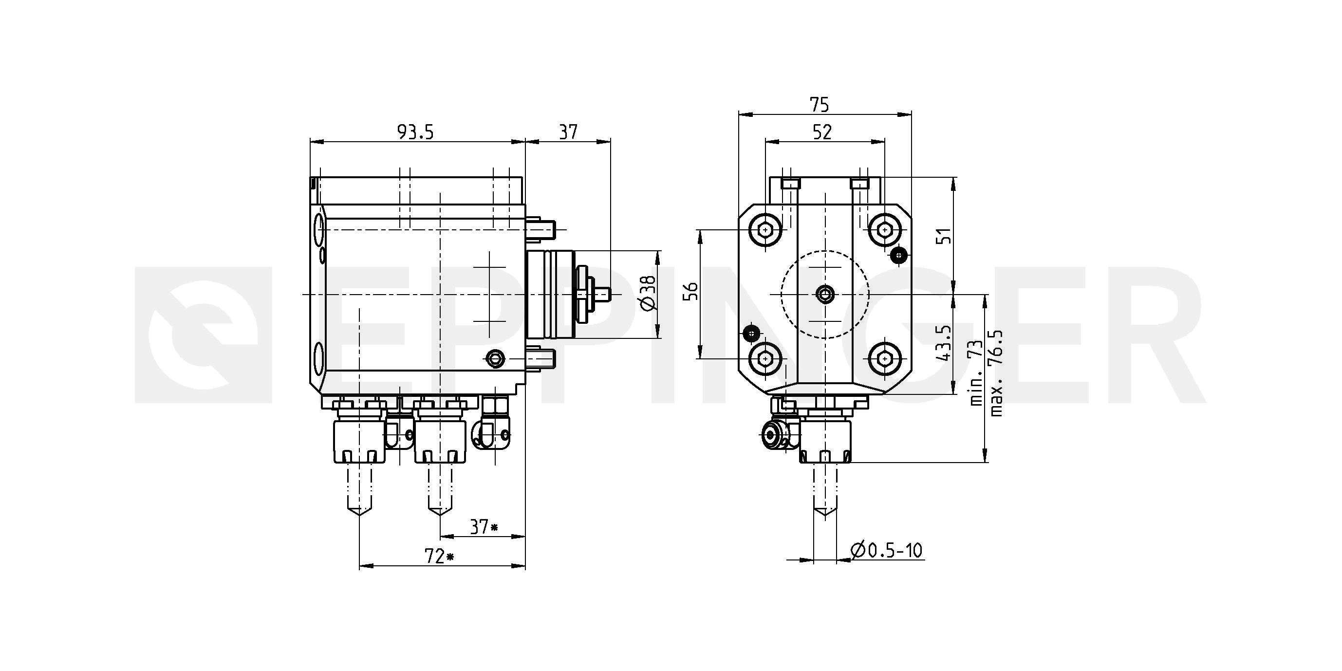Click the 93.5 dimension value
(415, 132)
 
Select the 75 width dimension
(819, 105)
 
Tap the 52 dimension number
(822, 132)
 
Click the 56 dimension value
(690, 292)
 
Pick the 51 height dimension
(944, 236)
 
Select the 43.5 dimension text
(944, 344)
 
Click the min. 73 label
(975, 373)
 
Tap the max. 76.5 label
(996, 373)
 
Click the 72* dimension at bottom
(440, 557)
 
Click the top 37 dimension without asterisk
(568, 132)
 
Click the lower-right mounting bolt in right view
(884, 358)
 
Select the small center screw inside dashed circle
(825, 294)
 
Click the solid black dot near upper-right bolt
(899, 255)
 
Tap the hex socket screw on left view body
(495, 358)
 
